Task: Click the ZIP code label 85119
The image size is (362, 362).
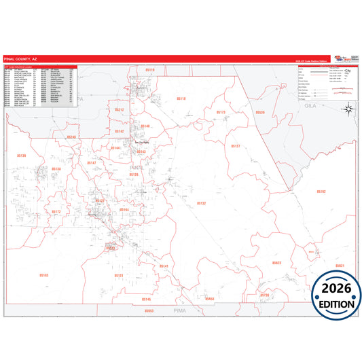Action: pyautogui.click(x=150, y=70)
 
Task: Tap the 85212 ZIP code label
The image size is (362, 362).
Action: pyautogui.click(x=119, y=109)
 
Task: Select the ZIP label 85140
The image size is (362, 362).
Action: pyautogui.click(x=145, y=126)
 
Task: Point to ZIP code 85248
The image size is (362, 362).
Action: pyautogui.click(x=72, y=137)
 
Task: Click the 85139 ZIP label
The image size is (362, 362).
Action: pyautogui.click(x=22, y=156)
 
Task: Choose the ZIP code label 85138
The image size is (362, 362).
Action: pyautogui.click(x=55, y=168)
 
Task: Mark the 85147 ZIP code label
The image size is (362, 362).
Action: pyautogui.click(x=91, y=163)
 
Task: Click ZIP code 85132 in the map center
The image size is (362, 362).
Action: pyautogui.click(x=201, y=203)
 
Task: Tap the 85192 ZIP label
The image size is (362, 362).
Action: pyautogui.click(x=321, y=192)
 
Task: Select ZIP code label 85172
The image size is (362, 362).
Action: pyautogui.click(x=56, y=211)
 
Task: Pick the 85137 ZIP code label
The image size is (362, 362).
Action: pyautogui.click(x=236, y=146)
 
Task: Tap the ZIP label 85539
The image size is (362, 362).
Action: pyautogui.click(x=259, y=112)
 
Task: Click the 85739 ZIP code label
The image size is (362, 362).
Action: pyautogui.click(x=265, y=295)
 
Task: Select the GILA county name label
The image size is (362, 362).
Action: pyautogui.click(x=311, y=107)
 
